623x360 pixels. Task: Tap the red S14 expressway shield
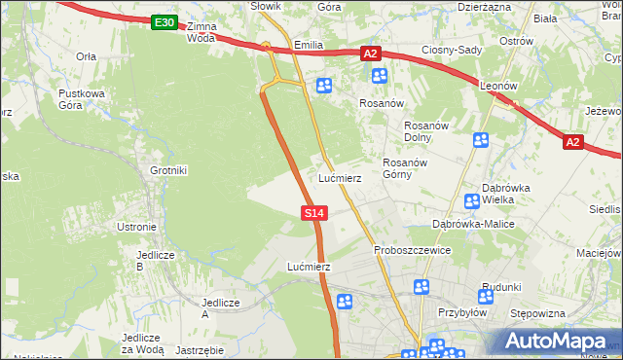tap(313, 212)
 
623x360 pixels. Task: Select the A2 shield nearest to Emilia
tap(370, 54)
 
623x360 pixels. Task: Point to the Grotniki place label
tap(167, 170)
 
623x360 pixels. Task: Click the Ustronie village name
tap(136, 227)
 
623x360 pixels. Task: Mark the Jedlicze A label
tap(219, 308)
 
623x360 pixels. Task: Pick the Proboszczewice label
tap(412, 250)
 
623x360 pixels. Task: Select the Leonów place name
tap(497, 86)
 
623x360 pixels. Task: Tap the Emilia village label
tap(308, 46)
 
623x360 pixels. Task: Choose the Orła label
tap(87, 56)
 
